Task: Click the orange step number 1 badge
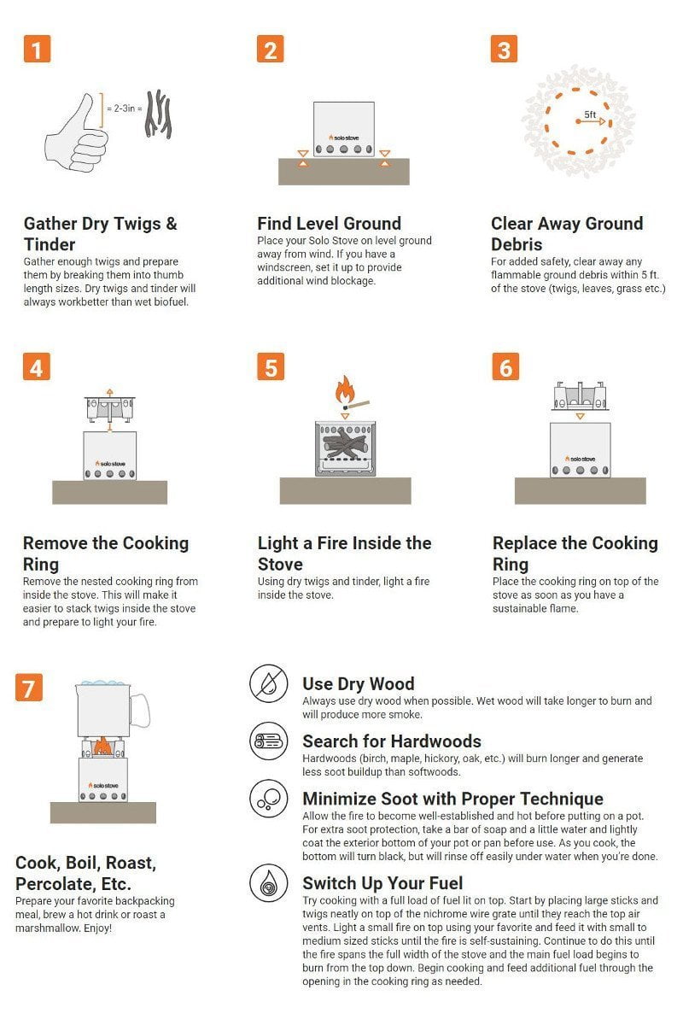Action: (x=37, y=49)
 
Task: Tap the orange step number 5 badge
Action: (x=271, y=366)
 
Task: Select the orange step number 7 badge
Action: (x=29, y=688)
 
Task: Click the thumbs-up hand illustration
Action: (x=75, y=132)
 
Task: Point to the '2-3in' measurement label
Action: (x=124, y=108)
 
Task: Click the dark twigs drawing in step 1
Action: (x=158, y=114)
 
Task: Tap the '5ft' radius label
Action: (x=590, y=114)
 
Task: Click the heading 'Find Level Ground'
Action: (x=329, y=223)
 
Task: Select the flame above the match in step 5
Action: (x=344, y=389)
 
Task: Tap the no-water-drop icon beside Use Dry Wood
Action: (x=269, y=684)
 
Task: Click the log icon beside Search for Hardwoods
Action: (x=269, y=741)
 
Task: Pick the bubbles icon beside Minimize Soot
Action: (x=269, y=799)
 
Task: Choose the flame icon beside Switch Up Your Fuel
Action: (x=269, y=883)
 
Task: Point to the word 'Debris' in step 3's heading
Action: (x=517, y=244)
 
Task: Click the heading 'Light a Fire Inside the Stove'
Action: (x=344, y=553)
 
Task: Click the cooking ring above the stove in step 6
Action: (x=580, y=395)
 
